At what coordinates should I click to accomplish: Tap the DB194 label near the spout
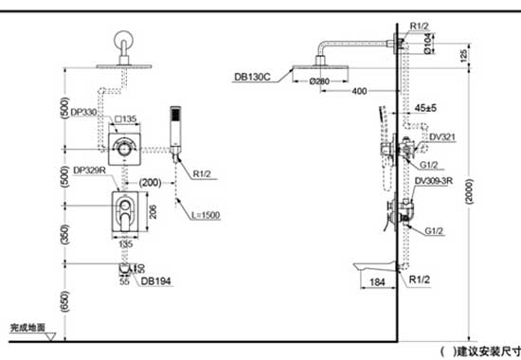pos(154,280)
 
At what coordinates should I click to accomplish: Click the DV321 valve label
pos(442,136)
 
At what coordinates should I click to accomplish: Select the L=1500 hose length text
pos(203,216)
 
